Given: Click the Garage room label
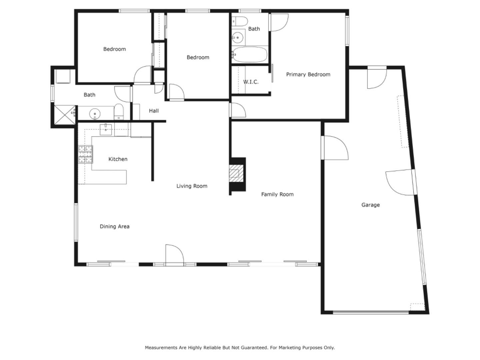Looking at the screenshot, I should (370, 205).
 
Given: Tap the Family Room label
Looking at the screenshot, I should (277, 194).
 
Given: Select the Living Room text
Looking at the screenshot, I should (192, 186).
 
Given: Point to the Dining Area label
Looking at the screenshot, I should (114, 227).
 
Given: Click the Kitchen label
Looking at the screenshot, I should (118, 159).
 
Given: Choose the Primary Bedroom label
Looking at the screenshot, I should (308, 75).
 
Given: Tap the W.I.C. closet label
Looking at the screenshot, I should (251, 82).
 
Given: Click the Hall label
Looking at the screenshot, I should (154, 111).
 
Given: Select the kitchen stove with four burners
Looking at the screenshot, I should (85, 155).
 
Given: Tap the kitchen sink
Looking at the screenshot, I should (106, 129).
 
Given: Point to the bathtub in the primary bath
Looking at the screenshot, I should (250, 55).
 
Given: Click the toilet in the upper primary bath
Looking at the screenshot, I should (239, 21).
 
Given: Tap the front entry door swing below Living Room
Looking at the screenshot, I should (174, 255).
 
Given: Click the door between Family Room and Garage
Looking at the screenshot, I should (335, 148).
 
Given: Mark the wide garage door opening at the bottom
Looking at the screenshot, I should (371, 312).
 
